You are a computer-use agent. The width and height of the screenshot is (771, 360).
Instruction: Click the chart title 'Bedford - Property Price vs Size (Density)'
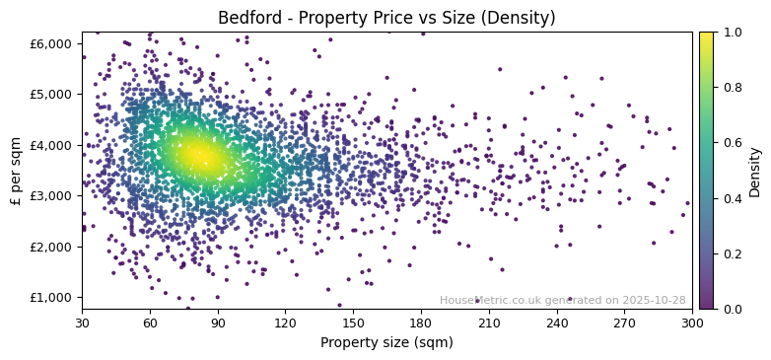pos(386,18)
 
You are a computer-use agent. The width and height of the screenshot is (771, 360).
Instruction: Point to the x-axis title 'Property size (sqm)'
pos(386,343)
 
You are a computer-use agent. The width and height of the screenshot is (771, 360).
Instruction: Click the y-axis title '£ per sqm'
pos(16,171)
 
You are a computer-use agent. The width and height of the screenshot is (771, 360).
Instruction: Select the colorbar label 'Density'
pos(755,171)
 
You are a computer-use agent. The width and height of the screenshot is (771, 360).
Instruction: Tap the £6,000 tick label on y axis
pos(52,43)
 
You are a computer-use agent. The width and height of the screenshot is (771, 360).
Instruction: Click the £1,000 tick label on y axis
pos(52,297)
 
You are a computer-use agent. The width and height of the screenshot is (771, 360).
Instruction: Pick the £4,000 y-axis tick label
pos(52,145)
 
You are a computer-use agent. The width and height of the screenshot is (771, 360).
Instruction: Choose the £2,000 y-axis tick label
pos(52,247)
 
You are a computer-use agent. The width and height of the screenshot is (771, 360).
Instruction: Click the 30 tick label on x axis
pos(82,323)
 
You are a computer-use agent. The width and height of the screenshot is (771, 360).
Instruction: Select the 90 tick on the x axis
pos(218,323)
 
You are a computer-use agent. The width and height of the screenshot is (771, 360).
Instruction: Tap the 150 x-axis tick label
pos(353,323)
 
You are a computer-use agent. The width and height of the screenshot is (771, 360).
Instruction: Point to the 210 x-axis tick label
pos(489,323)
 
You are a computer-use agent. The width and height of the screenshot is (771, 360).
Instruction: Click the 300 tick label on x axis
pos(692,323)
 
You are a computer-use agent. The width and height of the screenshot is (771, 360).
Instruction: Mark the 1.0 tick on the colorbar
pos(731,33)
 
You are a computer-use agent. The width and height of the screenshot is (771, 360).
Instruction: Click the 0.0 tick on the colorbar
pos(731,309)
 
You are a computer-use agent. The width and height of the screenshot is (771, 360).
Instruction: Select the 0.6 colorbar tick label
pos(731,143)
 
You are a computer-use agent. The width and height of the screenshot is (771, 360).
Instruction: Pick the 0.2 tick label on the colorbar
pos(731,253)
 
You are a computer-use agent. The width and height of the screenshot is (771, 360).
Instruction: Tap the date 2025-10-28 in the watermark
pos(655,300)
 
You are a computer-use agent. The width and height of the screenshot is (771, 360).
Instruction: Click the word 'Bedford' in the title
pos(247,18)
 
